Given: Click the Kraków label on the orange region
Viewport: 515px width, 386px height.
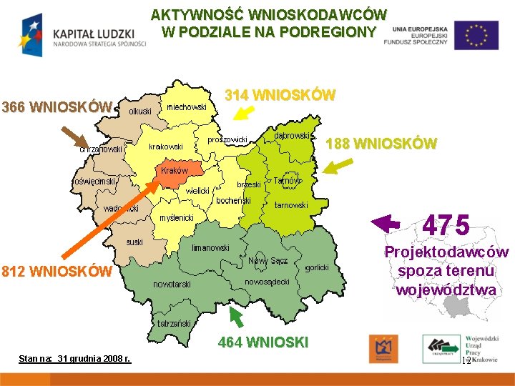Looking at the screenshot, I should [175, 171].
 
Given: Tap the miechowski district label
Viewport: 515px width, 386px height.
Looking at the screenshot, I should [186, 107].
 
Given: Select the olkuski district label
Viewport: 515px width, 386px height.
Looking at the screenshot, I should [140, 112].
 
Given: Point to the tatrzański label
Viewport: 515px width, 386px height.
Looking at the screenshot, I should [175, 323].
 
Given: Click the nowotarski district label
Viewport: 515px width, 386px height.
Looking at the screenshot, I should [172, 284].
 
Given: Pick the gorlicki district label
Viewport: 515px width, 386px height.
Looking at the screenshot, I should [317, 267].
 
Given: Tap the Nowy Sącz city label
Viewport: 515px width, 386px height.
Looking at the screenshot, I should [268, 261].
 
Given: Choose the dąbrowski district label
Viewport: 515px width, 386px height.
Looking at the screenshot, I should [291, 135].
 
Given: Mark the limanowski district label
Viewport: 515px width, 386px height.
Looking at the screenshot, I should [210, 248].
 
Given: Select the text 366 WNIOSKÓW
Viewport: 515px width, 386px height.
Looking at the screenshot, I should [57, 108].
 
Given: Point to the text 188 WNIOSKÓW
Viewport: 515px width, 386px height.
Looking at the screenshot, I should [381, 143].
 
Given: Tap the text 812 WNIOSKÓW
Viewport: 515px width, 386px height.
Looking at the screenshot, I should [57, 272].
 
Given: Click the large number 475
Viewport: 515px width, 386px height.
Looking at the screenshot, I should [446, 226].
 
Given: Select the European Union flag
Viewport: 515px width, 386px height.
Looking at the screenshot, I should [476, 34].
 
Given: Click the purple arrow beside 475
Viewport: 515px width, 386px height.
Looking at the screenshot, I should [387, 223].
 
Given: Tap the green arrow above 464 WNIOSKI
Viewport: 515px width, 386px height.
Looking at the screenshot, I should [235, 317].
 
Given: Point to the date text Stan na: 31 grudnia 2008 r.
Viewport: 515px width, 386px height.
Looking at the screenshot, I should [74, 357].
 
